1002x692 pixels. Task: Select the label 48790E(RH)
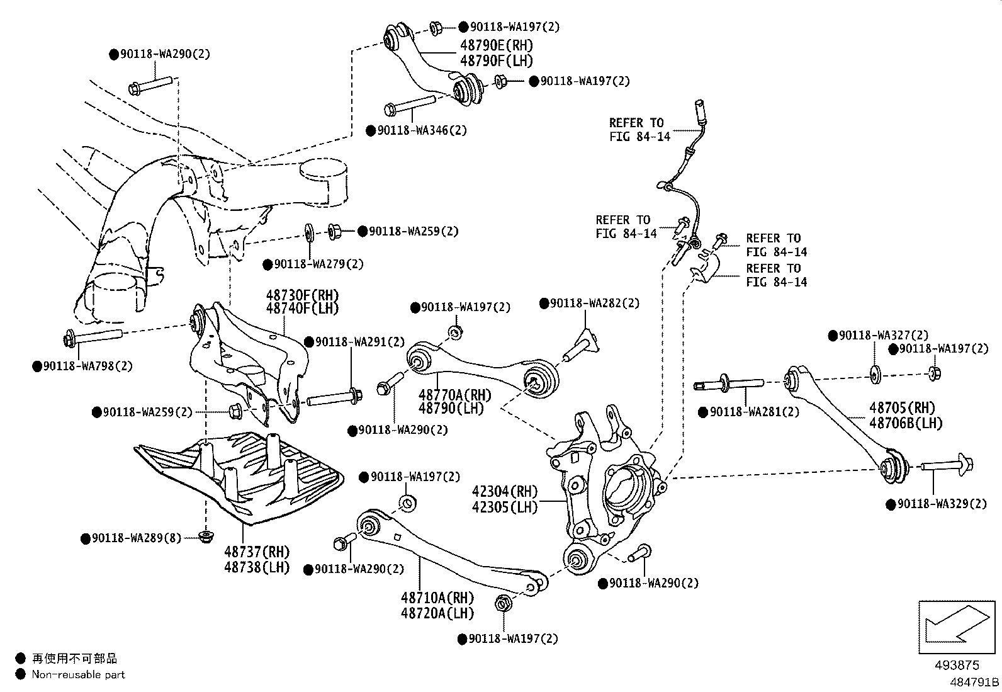[x=496, y=45]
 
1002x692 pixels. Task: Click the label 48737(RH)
[x=257, y=552]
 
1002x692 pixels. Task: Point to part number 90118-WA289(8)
[x=136, y=538]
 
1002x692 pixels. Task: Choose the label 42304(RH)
[x=505, y=492]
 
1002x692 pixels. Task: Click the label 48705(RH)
[x=902, y=407]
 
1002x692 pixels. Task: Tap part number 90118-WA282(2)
[x=594, y=303]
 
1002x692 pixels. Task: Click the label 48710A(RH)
[x=437, y=598]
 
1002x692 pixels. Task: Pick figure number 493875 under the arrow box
[x=957, y=665]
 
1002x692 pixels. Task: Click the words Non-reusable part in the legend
[x=79, y=675]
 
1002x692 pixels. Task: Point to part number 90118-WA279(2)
[x=318, y=264]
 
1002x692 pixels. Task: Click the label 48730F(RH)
[x=302, y=295]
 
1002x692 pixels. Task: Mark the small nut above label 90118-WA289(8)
[x=205, y=536]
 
